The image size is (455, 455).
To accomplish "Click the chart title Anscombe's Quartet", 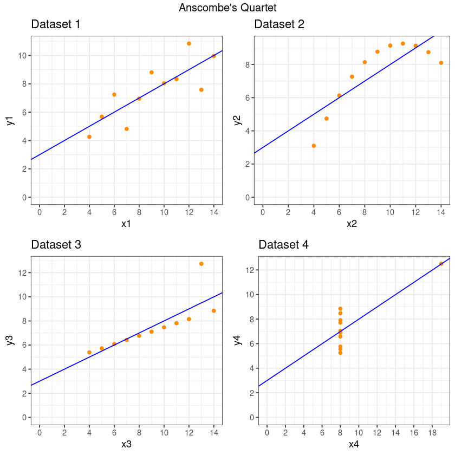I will (x=227, y=8).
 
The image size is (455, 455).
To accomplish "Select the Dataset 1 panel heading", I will (x=56, y=24).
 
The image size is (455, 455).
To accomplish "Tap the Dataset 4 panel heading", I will (x=283, y=244).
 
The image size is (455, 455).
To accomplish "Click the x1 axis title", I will (x=126, y=224).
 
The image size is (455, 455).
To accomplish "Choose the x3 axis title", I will (x=126, y=444).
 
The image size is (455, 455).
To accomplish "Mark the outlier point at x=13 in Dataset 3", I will (x=201, y=264).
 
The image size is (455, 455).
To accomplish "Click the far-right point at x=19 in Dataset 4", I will (x=441, y=264).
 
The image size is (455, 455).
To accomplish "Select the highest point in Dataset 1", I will (x=189, y=43).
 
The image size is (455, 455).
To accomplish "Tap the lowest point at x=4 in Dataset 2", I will (x=314, y=146).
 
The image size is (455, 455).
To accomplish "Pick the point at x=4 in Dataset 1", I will (x=89, y=137).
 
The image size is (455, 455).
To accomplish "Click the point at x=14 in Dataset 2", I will (x=441, y=63).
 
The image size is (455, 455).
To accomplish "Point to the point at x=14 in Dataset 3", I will (x=214, y=311).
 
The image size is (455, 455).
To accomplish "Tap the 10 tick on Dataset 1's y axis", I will (x=24, y=56).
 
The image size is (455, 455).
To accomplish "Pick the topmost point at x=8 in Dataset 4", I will (x=340, y=309).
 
